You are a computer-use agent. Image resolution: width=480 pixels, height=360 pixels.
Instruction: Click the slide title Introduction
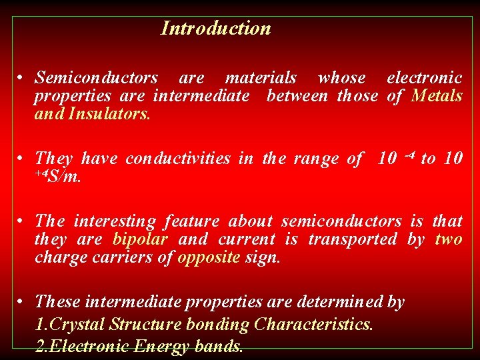[216, 29]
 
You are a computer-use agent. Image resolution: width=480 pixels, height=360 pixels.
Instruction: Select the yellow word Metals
[437, 96]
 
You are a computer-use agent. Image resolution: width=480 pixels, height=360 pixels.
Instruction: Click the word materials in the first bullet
[261, 79]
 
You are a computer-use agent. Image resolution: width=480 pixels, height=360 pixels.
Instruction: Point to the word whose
[341, 79]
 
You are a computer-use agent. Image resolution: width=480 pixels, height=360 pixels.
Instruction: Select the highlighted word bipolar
[140, 239]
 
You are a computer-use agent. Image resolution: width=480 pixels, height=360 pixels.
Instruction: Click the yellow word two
[448, 239]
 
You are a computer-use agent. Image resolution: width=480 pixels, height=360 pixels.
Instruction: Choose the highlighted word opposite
[208, 257]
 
